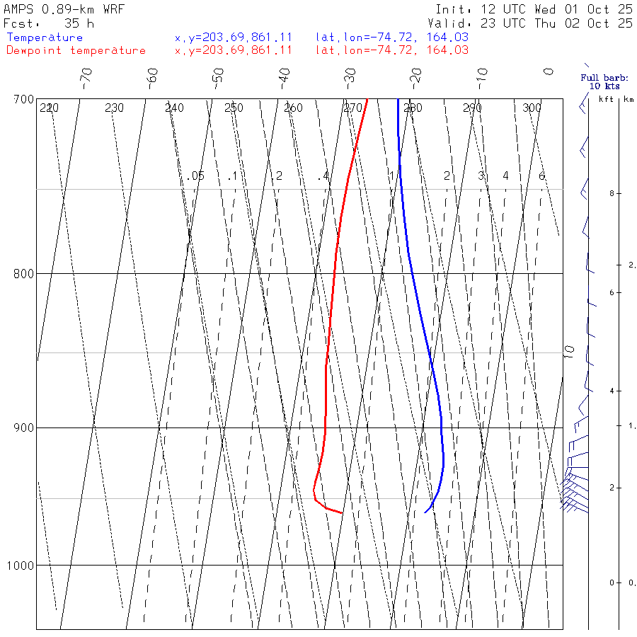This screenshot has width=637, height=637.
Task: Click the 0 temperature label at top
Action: (548, 71)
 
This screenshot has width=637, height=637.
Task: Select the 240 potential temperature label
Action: (174, 108)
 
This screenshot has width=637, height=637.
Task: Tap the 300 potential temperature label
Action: (532, 108)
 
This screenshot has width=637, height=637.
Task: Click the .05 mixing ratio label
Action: (196, 176)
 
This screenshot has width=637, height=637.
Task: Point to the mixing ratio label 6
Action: (541, 176)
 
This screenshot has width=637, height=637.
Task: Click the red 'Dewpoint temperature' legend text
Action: (76, 50)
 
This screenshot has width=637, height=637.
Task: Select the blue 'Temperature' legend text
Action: (45, 38)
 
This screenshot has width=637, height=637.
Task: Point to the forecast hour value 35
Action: (73, 23)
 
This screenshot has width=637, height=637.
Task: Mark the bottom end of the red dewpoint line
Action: (343, 512)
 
